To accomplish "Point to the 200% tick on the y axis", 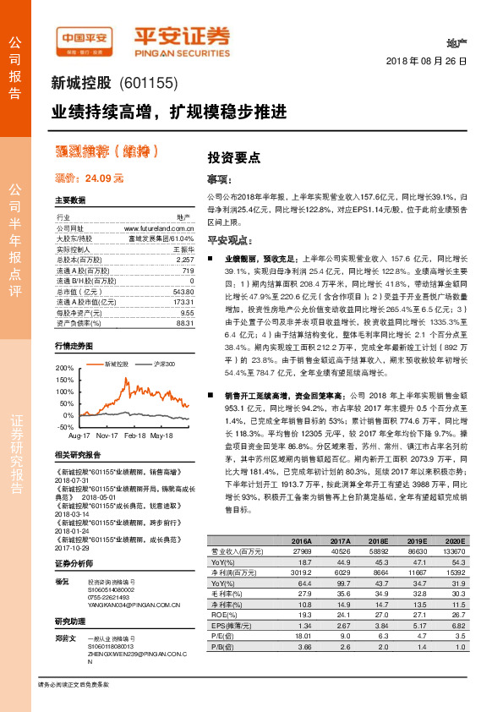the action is coord(64,369).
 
